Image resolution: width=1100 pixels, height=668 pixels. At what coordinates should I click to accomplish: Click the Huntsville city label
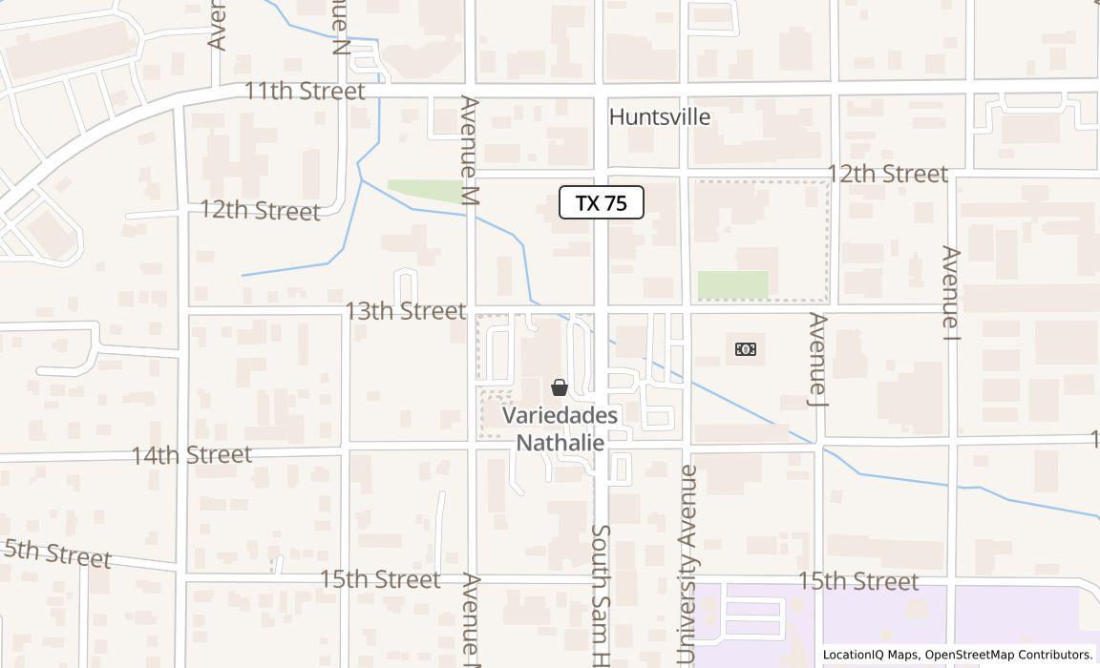click(660, 117)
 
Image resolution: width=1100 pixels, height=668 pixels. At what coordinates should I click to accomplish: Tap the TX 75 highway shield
click(602, 202)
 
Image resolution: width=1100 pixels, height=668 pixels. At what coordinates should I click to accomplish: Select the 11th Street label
click(305, 92)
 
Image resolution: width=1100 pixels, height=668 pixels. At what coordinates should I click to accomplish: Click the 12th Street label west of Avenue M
click(260, 210)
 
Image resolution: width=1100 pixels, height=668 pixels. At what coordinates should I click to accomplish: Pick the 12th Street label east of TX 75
click(887, 174)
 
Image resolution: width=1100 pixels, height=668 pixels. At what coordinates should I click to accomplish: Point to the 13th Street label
click(405, 311)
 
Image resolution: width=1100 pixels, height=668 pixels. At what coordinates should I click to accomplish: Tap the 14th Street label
click(191, 454)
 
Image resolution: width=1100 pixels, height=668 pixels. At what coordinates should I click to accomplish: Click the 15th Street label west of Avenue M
click(379, 579)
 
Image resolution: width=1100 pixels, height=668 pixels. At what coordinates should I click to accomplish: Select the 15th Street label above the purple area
click(857, 581)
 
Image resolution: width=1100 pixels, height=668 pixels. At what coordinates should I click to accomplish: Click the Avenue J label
click(818, 359)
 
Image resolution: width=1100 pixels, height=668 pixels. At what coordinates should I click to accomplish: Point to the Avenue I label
click(950, 293)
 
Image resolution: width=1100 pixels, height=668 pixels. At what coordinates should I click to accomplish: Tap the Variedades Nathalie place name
click(561, 429)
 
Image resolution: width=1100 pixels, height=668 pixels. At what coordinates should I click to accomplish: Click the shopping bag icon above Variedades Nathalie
click(560, 387)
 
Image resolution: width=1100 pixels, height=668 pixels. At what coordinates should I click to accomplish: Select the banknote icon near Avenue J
click(746, 349)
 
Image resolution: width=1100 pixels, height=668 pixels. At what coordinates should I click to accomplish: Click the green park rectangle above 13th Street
click(732, 285)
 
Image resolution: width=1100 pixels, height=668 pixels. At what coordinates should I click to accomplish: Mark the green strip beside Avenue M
click(425, 191)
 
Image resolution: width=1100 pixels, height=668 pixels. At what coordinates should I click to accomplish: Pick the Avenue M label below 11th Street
click(469, 150)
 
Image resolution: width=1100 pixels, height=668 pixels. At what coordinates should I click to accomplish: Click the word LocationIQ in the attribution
click(855, 655)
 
